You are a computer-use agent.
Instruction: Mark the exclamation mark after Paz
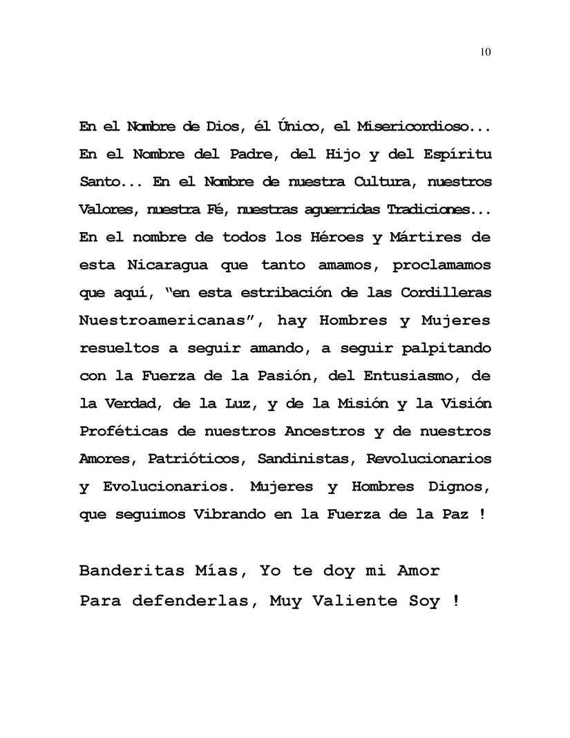click(481, 514)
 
